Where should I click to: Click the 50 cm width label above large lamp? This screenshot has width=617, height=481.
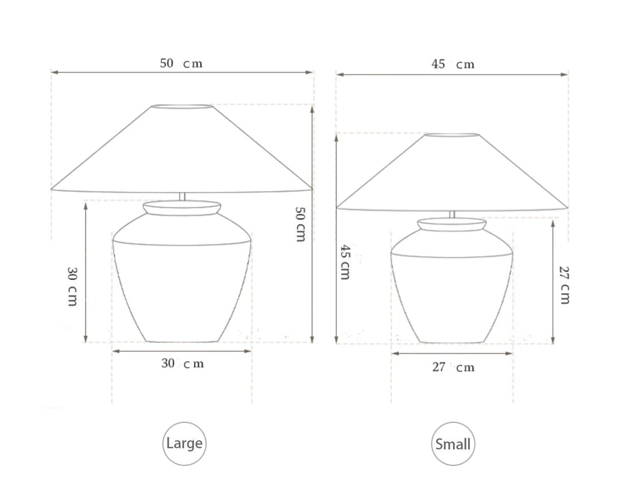pyautogui.click(x=181, y=63)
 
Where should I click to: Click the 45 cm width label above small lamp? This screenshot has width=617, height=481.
pyautogui.click(x=453, y=64)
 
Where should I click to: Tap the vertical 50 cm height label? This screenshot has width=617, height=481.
pyautogui.click(x=300, y=224)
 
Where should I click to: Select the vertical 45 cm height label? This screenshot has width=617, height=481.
pyautogui.click(x=345, y=262)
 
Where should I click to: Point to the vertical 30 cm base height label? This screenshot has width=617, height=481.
pyautogui.click(x=72, y=287)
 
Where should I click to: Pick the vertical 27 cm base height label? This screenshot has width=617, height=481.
pyautogui.click(x=564, y=285)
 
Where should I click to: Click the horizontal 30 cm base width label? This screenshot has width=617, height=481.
pyautogui.click(x=183, y=364)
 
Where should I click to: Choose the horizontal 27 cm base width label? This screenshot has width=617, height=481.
pyautogui.click(x=453, y=367)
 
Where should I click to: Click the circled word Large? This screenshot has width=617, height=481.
pyautogui.click(x=184, y=443)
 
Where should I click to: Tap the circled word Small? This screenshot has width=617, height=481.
pyautogui.click(x=453, y=444)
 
